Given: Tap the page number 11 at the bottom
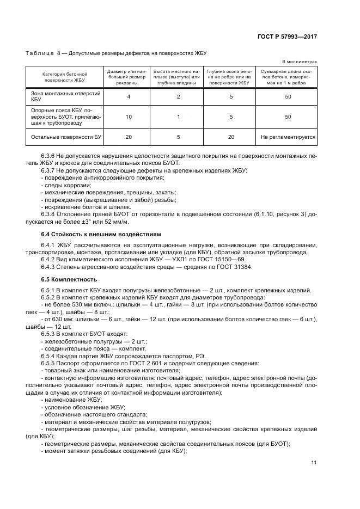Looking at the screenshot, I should [314, 463].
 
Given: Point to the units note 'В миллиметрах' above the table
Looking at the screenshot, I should [300, 62].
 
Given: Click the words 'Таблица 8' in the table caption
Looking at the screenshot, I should [39, 53].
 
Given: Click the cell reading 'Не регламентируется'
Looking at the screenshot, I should [288, 137].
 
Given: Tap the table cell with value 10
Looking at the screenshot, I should [129, 116].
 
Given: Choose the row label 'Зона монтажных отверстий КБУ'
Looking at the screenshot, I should [57, 96].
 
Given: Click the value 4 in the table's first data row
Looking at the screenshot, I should [129, 96].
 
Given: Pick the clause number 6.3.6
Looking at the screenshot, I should [48, 156].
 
